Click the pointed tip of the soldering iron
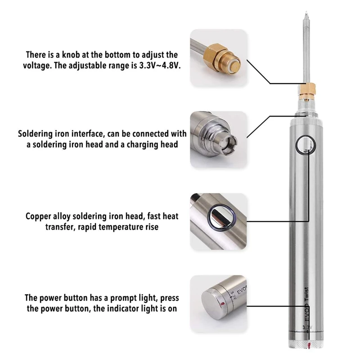pyautogui.click(x=306, y=12)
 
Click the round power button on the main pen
pyautogui.click(x=306, y=144)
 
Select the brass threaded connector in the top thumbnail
pyautogui.click(x=221, y=58)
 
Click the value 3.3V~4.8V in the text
pyautogui.click(x=160, y=66)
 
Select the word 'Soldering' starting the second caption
pyautogui.click(x=36, y=134)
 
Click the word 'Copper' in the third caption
pyautogui.click(x=38, y=216)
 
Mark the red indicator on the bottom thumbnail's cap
pyautogui.click(x=222, y=305)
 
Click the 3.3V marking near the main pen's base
pyautogui.click(x=307, y=327)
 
